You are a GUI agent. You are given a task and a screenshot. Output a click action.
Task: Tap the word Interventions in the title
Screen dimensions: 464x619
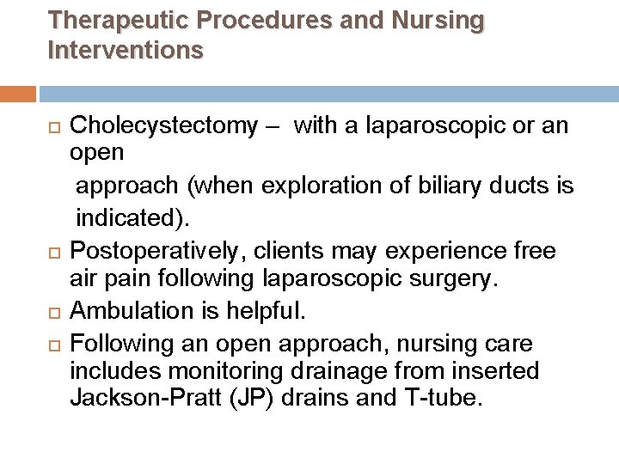pyautogui.click(x=126, y=50)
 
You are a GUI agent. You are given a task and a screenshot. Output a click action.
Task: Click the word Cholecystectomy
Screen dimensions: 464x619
pyautogui.click(x=162, y=127)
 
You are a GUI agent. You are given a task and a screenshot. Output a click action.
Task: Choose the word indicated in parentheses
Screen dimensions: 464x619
pyautogui.click(x=143, y=219)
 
